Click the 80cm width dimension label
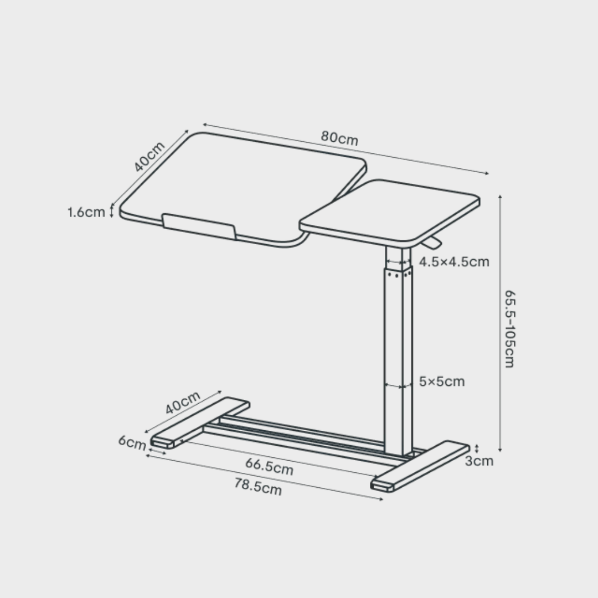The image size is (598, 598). pos(339,138)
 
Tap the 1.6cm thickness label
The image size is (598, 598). pos(86,212)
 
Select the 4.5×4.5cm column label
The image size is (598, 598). pos(454,262)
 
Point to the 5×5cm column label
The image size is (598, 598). pos(441,382)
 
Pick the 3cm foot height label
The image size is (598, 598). pos(478,461)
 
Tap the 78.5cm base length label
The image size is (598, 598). pos(258,487)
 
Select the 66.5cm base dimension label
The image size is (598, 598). pos(269,467)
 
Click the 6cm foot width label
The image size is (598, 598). pos(132,443)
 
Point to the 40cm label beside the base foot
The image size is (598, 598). pos(183,403)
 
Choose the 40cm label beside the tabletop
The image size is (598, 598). pos(149,157)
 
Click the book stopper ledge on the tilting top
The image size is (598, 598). pos(199,227)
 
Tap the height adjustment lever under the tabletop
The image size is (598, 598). pos(433,243)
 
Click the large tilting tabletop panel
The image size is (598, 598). pos(238,183)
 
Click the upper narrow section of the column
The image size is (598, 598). pos(399,258)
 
